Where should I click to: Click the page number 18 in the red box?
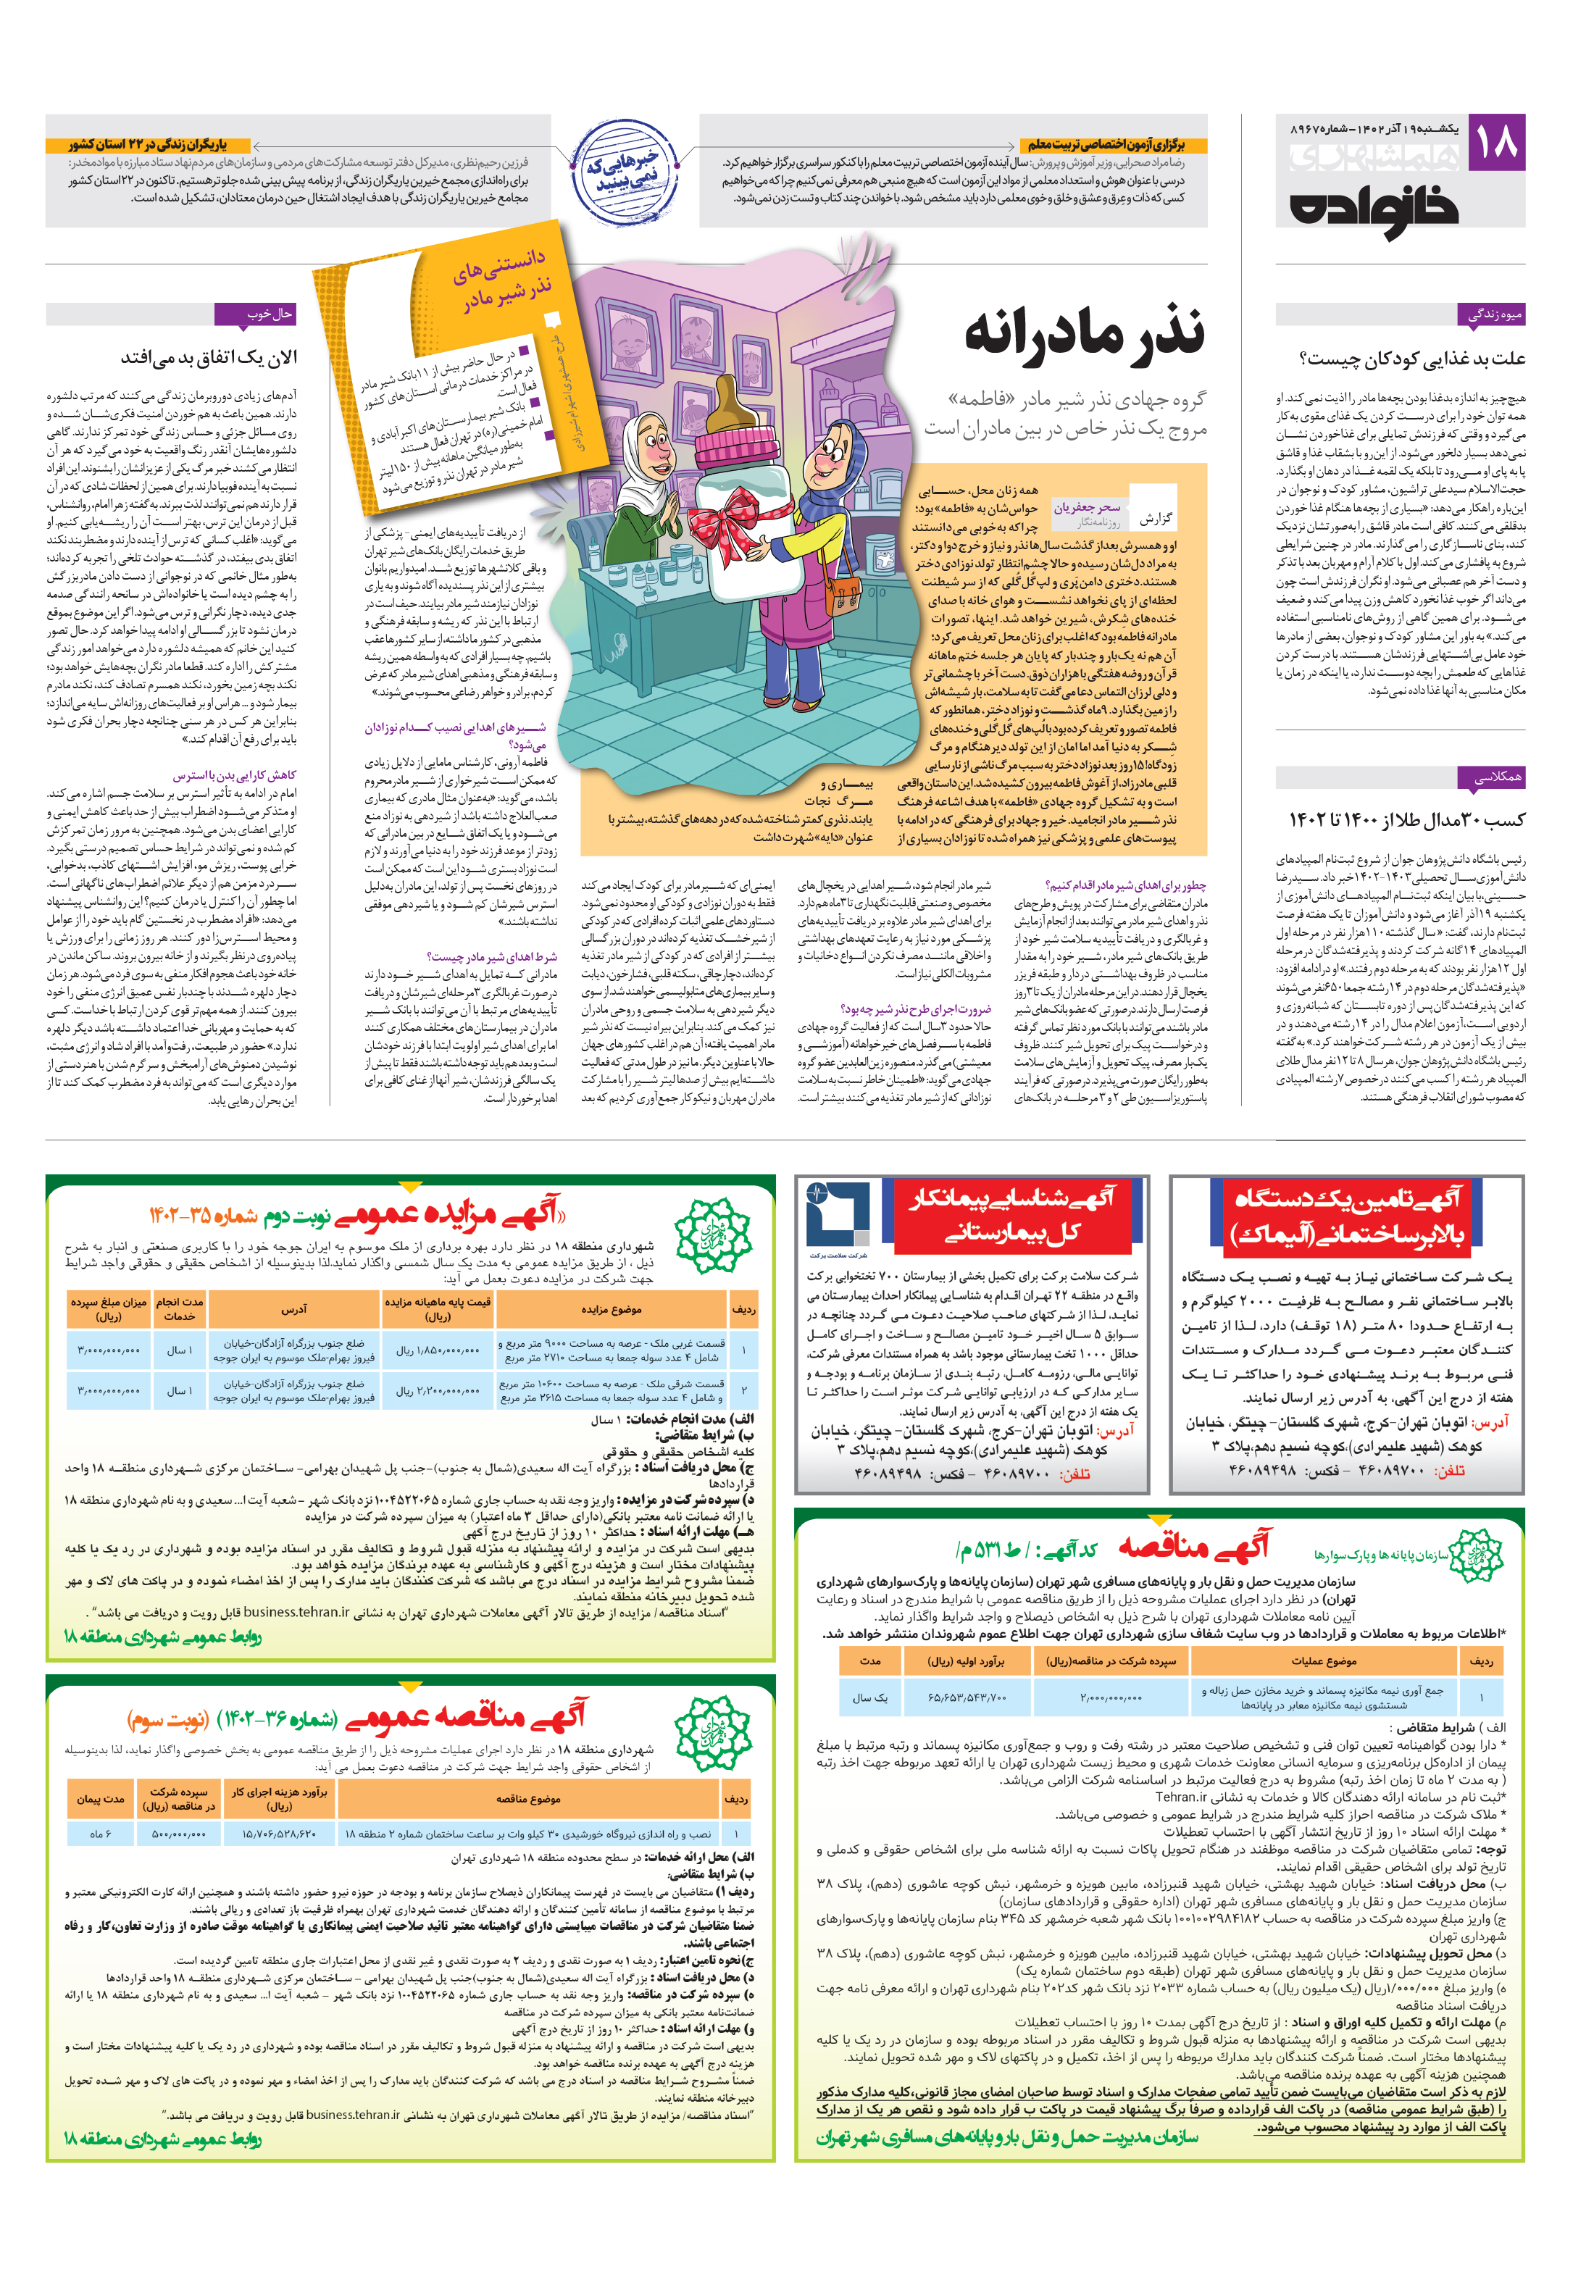coord(1495,142)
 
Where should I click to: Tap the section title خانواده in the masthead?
coord(1374,209)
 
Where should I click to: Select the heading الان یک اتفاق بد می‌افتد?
coord(209,357)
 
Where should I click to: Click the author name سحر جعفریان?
coord(1086,507)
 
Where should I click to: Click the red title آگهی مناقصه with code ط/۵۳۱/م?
coord(1193,1546)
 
